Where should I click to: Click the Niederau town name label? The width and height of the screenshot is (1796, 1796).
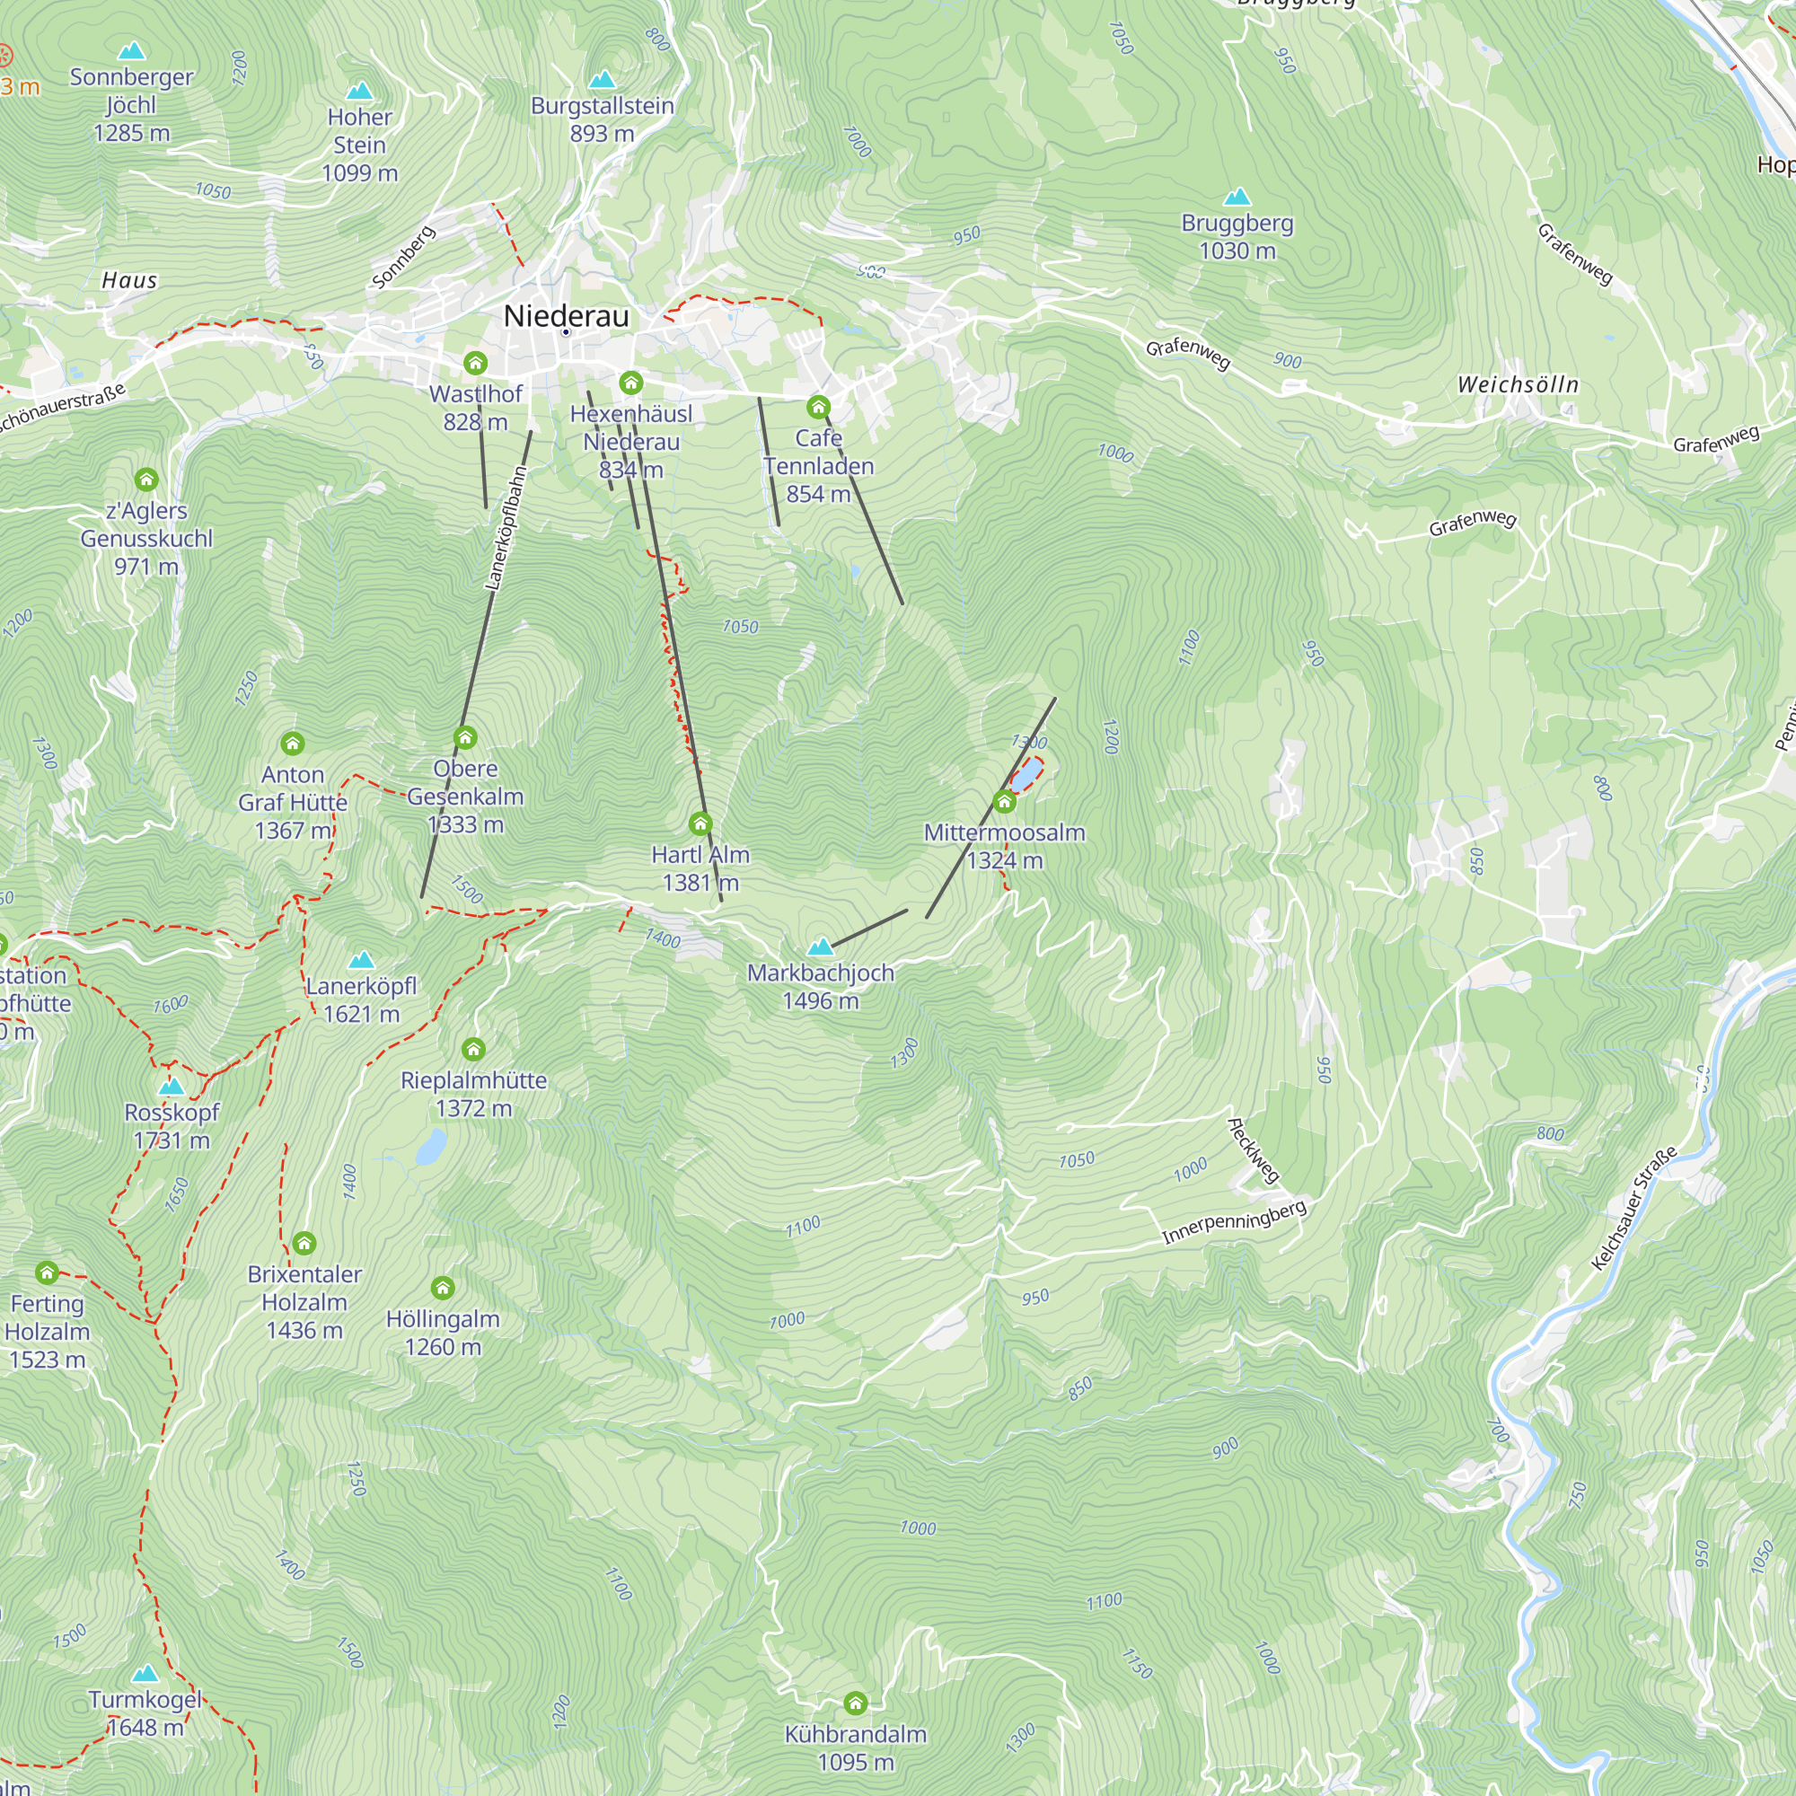[566, 316]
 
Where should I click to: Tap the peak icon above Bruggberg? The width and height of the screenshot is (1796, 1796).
[1237, 197]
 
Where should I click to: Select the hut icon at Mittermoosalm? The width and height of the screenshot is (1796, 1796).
[1004, 801]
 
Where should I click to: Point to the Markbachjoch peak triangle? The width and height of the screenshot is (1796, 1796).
[820, 947]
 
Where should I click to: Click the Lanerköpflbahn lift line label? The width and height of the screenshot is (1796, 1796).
[506, 528]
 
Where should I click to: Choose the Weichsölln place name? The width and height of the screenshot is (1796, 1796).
[1518, 384]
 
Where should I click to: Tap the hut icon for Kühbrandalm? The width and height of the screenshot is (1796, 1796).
[855, 1703]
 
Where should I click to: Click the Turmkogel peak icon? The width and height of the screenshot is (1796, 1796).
[144, 1674]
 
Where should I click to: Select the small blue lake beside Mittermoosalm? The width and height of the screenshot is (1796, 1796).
[1026, 776]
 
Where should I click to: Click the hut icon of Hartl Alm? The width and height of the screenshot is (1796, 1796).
[700, 823]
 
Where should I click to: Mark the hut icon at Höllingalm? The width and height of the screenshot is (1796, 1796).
[443, 1288]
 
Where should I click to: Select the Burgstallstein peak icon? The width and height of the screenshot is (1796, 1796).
[603, 80]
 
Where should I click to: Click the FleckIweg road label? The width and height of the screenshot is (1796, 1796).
[1253, 1151]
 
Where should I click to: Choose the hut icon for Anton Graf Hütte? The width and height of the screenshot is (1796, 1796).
[292, 743]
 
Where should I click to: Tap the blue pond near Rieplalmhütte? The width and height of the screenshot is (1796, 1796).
[430, 1147]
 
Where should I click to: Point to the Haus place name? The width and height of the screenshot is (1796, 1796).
[129, 280]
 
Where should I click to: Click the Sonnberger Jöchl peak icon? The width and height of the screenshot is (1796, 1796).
[132, 50]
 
